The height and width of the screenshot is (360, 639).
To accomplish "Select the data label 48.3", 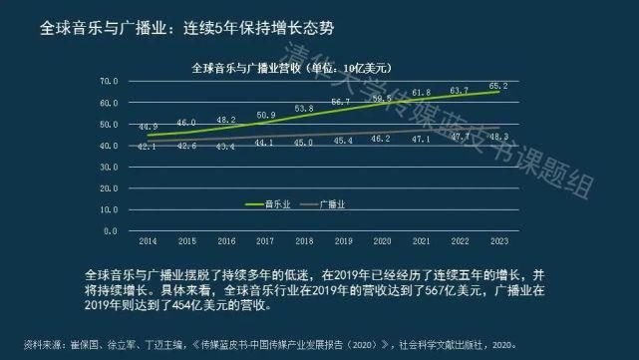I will click(499, 136).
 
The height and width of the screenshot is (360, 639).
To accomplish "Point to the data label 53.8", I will click(304, 108).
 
